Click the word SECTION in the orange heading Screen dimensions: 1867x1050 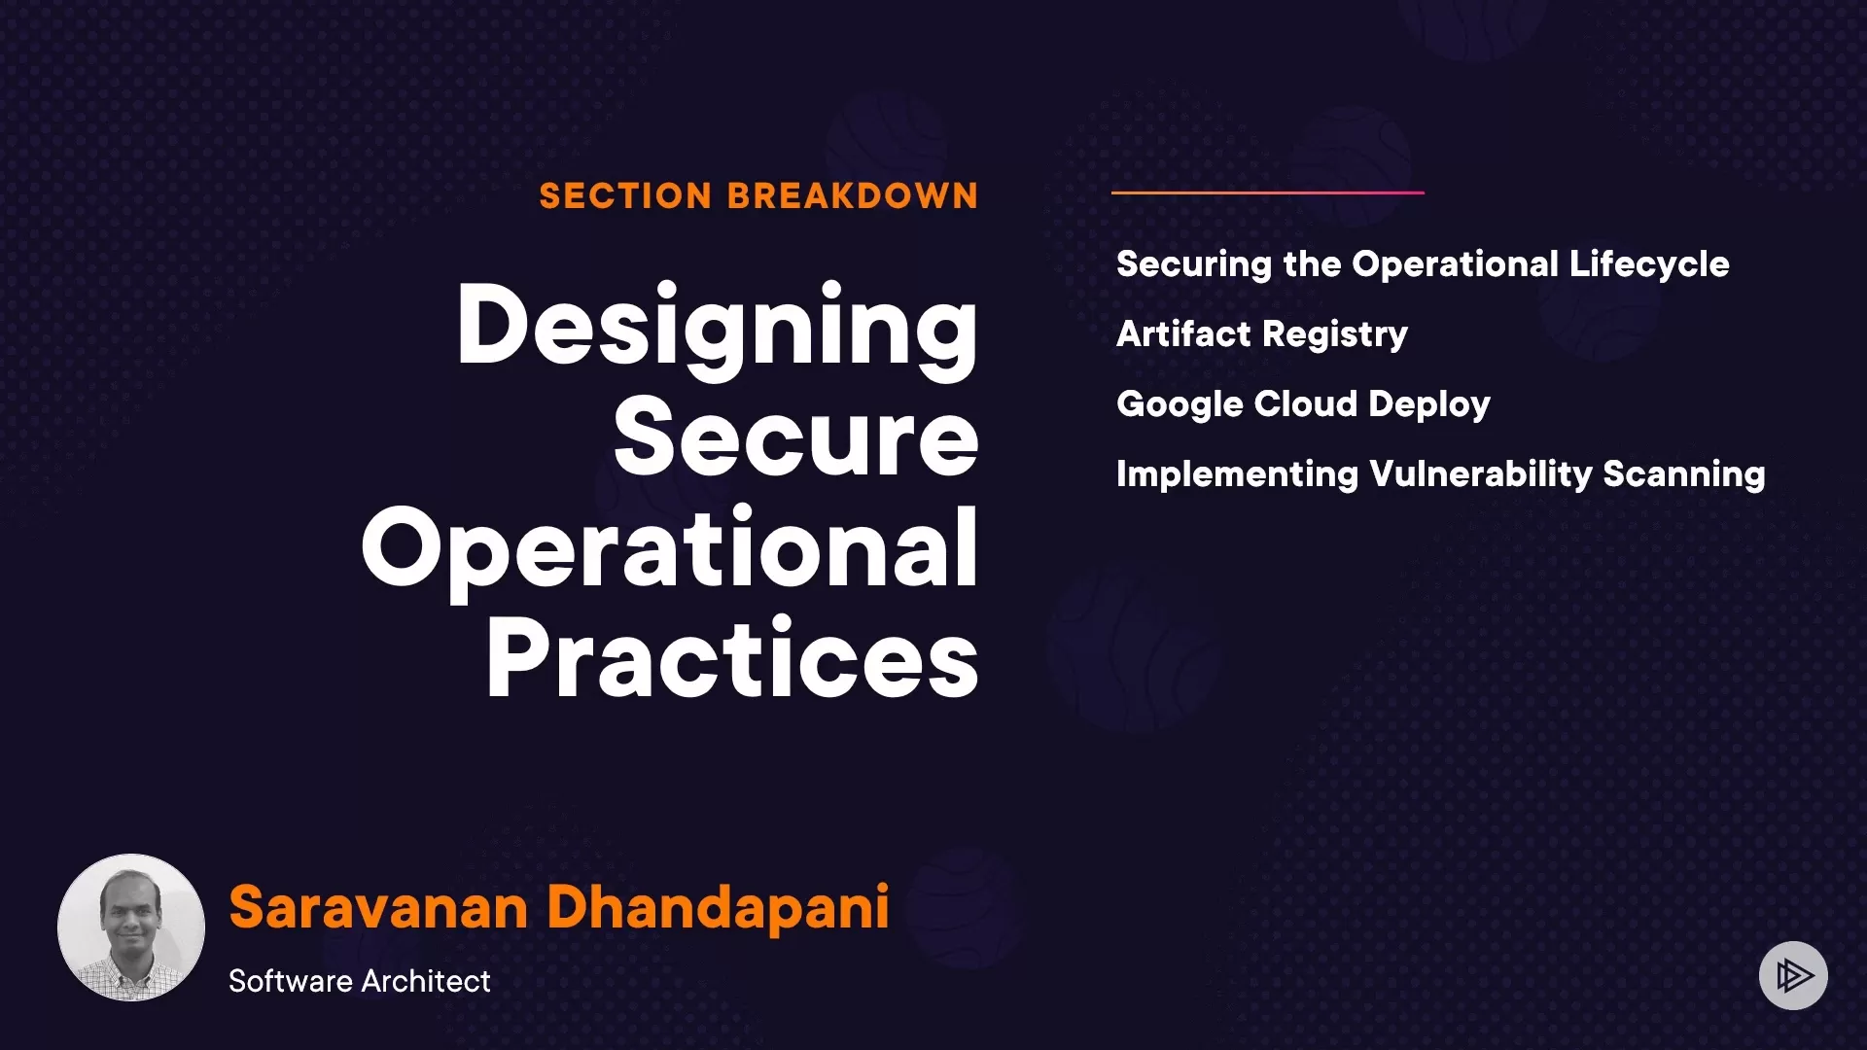(x=625, y=196)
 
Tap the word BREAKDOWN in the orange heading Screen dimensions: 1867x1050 (x=853, y=196)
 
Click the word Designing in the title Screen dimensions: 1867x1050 (x=718, y=329)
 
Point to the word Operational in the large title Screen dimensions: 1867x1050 (x=670, y=552)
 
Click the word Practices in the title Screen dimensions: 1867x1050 (x=732, y=658)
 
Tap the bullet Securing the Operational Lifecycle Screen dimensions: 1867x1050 (x=1423, y=264)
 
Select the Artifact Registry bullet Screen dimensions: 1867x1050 (x=1262, y=334)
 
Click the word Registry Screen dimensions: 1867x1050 (x=1336, y=335)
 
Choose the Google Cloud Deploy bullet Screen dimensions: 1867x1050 (x=1303, y=404)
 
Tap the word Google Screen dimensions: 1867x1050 (x=1179, y=404)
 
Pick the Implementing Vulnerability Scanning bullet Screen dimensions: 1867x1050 (x=1440, y=474)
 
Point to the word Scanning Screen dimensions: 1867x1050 (x=1684, y=474)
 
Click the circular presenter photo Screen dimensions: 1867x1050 (x=131, y=927)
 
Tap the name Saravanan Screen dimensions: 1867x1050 (x=378, y=907)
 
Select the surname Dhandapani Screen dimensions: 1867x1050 (x=719, y=908)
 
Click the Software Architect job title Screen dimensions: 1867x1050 (x=360, y=981)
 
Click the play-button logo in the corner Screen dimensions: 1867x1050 (x=1793, y=975)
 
